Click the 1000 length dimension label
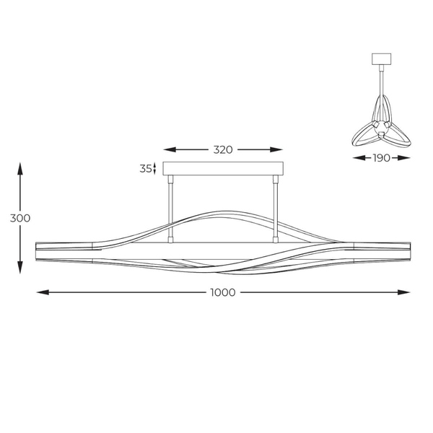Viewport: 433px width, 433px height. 223,292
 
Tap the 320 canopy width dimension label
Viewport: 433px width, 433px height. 223,149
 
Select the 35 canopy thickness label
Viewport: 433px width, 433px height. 146,168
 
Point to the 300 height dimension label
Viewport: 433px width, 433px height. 20,218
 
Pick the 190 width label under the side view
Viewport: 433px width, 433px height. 381,158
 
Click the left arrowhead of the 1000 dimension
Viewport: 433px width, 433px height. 43,292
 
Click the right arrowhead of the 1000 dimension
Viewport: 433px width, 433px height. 403,292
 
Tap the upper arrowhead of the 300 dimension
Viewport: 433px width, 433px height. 20,169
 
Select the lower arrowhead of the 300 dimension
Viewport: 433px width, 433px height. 20,267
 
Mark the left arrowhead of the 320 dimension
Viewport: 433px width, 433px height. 170,149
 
